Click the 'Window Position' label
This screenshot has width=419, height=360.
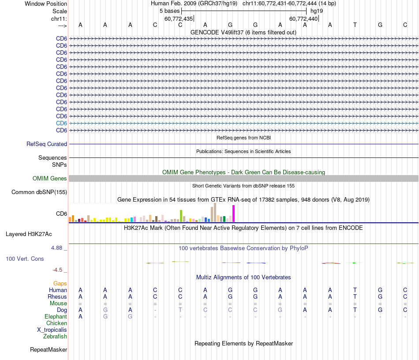click(46, 4)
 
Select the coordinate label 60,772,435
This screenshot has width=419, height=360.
click(179, 19)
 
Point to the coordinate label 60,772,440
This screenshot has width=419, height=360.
click(303, 19)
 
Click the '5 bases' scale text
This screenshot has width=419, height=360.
click(169, 11)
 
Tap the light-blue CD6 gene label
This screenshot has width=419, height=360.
click(61, 123)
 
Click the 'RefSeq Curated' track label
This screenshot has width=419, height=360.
click(47, 144)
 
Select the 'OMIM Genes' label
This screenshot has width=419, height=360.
click(50, 178)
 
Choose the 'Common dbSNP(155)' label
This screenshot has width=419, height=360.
click(39, 192)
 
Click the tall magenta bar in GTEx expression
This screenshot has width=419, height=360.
click(233, 214)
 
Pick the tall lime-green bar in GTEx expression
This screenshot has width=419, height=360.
click(181, 216)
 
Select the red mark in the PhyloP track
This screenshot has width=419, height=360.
click(330, 263)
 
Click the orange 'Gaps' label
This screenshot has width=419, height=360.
click(60, 283)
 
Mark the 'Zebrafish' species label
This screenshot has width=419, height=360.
click(55, 336)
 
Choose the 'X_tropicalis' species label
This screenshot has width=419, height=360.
click(52, 330)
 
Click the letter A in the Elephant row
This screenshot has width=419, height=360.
click(80, 316)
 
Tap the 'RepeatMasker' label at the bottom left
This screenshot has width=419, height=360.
click(49, 350)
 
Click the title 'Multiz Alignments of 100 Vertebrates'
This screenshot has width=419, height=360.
click(243, 277)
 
